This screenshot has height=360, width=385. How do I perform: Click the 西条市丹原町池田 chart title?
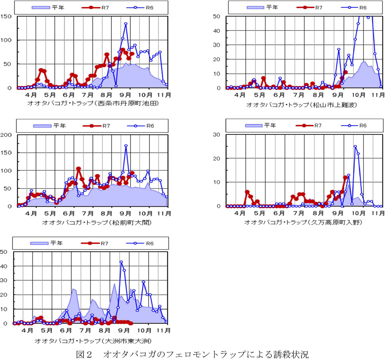(x=93, y=103)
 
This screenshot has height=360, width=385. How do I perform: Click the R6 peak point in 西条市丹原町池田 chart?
(x=126, y=24)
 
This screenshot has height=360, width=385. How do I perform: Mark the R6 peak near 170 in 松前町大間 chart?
(x=126, y=146)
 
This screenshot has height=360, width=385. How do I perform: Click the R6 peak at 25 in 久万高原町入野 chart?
(x=355, y=146)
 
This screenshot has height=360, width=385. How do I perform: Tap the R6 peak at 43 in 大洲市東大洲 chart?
(x=121, y=262)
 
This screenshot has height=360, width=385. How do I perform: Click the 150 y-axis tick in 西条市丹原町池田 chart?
(x=6, y=16)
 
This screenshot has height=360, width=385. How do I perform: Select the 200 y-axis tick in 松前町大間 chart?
(x=6, y=135)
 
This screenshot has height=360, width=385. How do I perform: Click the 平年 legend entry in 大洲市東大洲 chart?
(x=45, y=243)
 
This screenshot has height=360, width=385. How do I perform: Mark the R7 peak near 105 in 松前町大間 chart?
(x=79, y=169)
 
